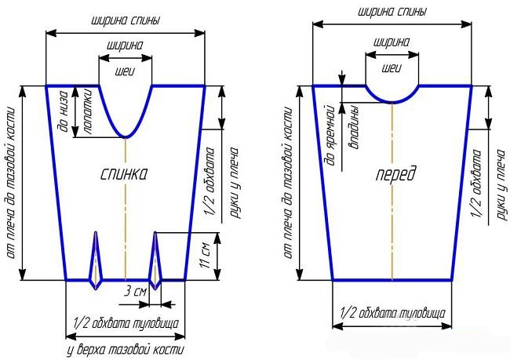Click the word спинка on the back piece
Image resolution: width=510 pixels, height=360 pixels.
pyautogui.click(x=124, y=175)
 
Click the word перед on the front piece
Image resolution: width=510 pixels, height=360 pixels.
pyautogui.click(x=395, y=175)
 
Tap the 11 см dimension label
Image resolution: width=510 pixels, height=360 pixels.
pyautogui.click(x=206, y=255)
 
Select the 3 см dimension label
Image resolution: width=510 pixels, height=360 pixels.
pyautogui.click(x=135, y=291)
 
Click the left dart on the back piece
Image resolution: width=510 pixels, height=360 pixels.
pyautogui.click(x=96, y=260)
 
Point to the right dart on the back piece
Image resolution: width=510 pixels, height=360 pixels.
pyautogui.click(x=155, y=260)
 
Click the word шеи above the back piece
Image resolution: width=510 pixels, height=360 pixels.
pyautogui.click(x=125, y=71)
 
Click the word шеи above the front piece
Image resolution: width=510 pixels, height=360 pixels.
pyautogui.click(x=392, y=68)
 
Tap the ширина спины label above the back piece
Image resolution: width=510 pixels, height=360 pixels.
pyautogui.click(x=126, y=21)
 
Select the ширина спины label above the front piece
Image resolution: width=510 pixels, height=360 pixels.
pyautogui.click(x=392, y=12)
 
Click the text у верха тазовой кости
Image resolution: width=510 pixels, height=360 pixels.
pyautogui.click(x=126, y=350)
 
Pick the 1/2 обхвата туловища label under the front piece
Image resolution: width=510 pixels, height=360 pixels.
pyautogui.click(x=392, y=313)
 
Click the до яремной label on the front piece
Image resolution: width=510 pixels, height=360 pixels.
pyautogui.click(x=330, y=135)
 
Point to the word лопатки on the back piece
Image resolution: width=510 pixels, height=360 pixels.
pyautogui.click(x=88, y=111)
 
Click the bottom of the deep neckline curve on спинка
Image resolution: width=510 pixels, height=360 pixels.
pyautogui.click(x=126, y=137)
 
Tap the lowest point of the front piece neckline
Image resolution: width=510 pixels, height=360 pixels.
pyautogui.click(x=392, y=103)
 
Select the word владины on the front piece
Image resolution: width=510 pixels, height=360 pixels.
pyautogui.click(x=354, y=127)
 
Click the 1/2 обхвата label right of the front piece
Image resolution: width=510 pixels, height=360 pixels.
pyautogui.click(x=477, y=184)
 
